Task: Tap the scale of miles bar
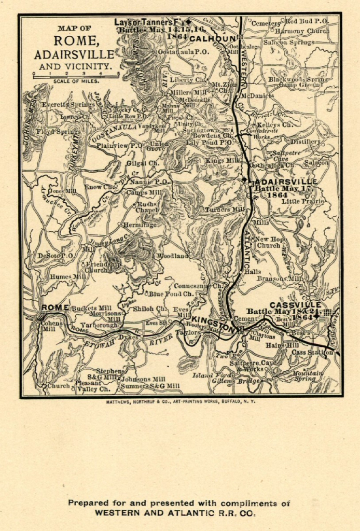pos(76,75)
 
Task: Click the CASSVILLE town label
pos(295,304)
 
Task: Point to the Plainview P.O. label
pos(119,146)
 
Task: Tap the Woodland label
pos(173,256)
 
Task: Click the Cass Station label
pos(312,353)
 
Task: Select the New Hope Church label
pos(269,242)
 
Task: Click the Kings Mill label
pos(222,161)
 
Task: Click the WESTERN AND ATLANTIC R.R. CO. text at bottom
pos(175,512)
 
